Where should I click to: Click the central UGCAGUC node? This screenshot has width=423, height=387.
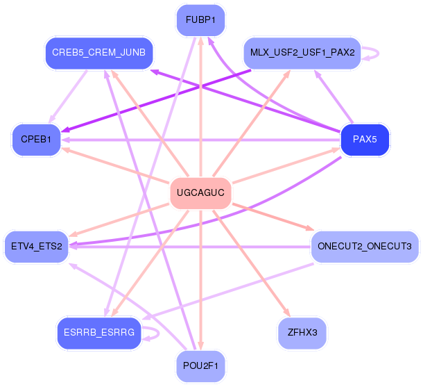click(200, 192)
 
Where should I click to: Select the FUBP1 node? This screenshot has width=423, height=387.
click(200, 20)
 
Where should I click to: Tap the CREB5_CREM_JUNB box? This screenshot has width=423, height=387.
click(98, 53)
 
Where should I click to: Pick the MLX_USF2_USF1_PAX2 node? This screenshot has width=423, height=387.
click(302, 53)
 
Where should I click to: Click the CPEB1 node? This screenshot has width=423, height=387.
click(36, 140)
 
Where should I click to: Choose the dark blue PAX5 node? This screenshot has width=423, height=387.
click(365, 140)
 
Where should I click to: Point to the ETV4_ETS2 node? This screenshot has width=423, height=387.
click(37, 246)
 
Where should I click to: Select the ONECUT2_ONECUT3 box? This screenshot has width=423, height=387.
click(364, 246)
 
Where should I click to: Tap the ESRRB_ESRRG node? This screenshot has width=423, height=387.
click(98, 333)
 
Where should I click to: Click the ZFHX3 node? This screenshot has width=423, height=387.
click(302, 333)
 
